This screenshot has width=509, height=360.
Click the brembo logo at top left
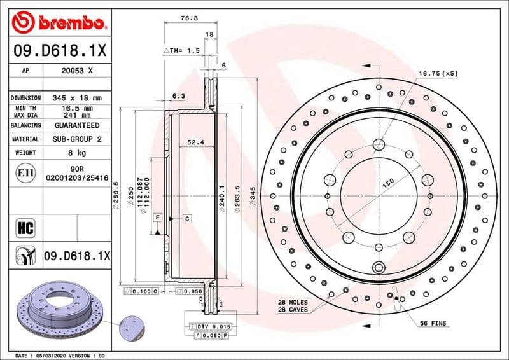click(57, 23)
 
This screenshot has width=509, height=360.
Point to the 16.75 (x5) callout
click(438, 73)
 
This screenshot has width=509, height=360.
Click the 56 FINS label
click(433, 324)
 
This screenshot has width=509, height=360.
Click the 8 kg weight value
click(77, 153)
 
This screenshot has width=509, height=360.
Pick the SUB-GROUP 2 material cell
click(77, 139)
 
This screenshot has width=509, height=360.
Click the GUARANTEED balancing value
click(77, 125)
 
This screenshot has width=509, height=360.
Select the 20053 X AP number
click(77, 71)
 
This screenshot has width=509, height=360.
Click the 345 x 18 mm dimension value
click(77, 99)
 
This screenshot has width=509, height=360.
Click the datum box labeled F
click(156, 218)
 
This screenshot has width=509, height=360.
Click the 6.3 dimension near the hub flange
click(178, 96)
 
